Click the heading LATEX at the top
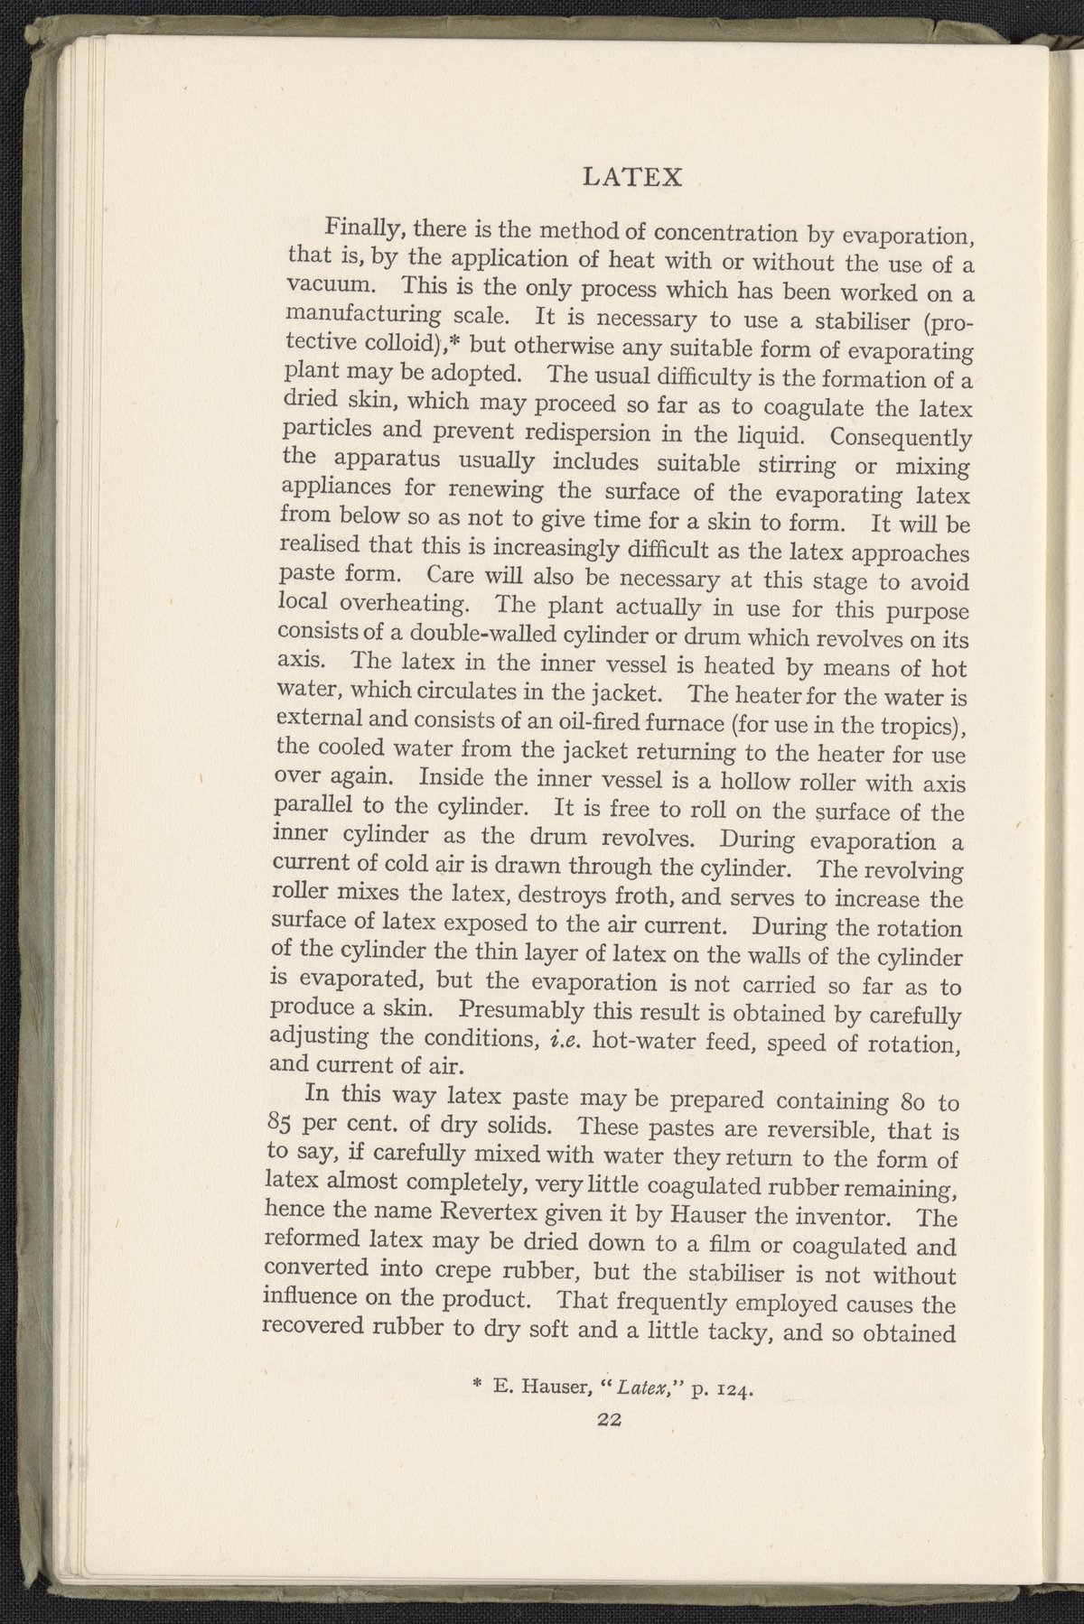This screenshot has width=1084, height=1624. (x=631, y=175)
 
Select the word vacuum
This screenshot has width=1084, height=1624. (x=327, y=284)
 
